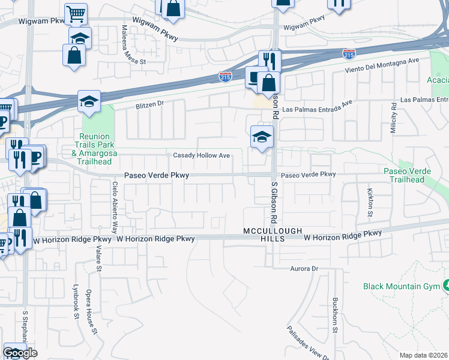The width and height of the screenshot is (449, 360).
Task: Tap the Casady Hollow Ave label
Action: (x=202, y=155)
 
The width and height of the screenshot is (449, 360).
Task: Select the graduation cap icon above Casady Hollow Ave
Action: (x=262, y=137)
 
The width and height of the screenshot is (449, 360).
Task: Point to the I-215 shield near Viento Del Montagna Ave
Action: (x=349, y=55)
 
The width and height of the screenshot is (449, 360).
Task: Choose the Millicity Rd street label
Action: (x=394, y=118)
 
